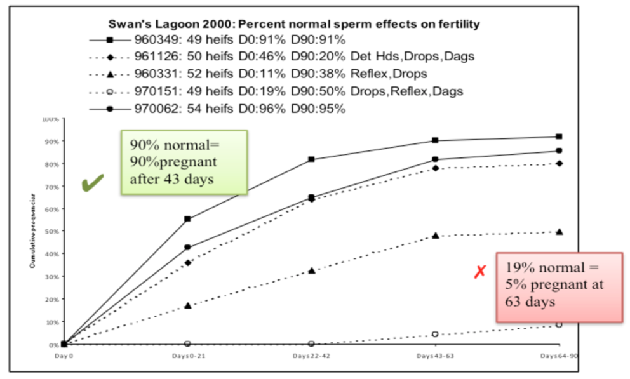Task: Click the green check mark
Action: pyautogui.click(x=93, y=184)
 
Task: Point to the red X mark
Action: pyautogui.click(x=480, y=272)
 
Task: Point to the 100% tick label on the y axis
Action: pyautogui.click(x=51, y=119)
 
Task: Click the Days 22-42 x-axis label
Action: pyautogui.click(x=311, y=357)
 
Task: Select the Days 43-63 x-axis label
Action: pyautogui.click(x=435, y=357)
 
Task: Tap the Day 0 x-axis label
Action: pyautogui.click(x=62, y=357)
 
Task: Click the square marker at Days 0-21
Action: pyautogui.click(x=187, y=219)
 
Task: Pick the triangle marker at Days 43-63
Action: pyautogui.click(x=435, y=236)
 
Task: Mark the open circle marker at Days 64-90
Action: pyautogui.click(x=559, y=324)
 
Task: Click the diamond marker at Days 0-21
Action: pyautogui.click(x=187, y=262)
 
